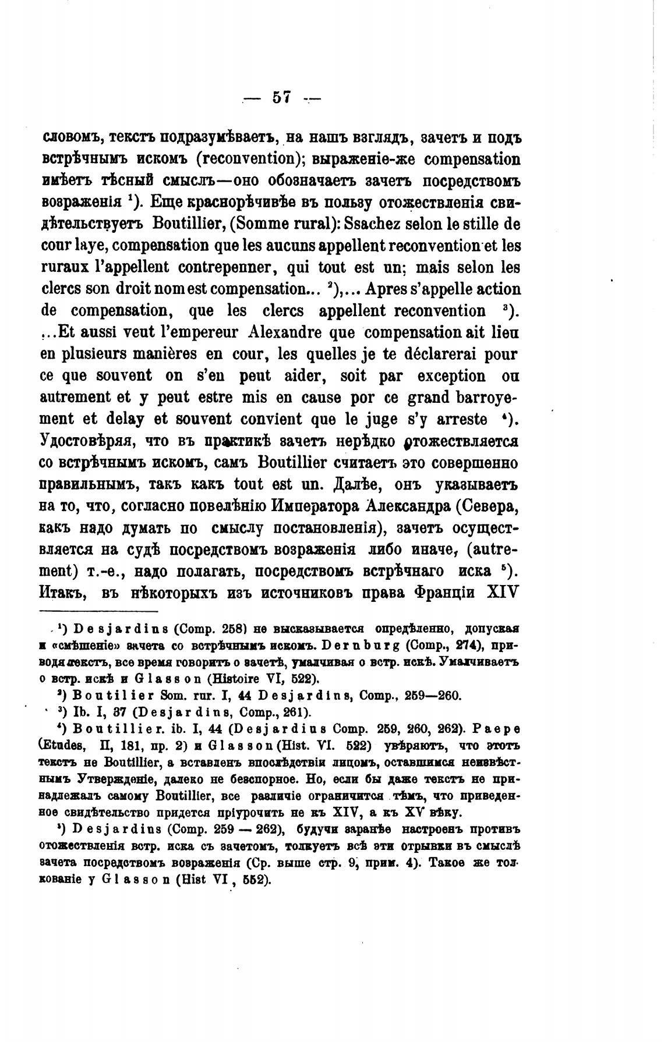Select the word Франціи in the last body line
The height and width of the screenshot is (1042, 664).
[444, 593]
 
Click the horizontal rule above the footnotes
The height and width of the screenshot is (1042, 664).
[98, 611]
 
